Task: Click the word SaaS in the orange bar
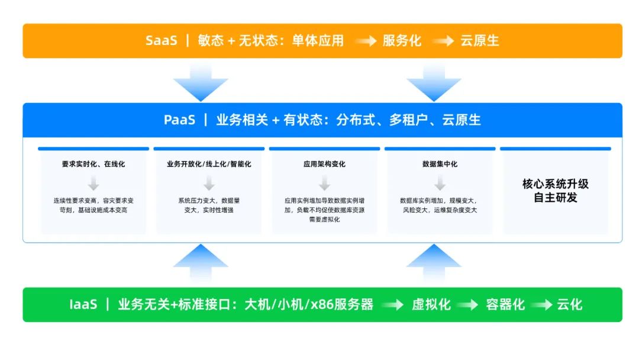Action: point(161,41)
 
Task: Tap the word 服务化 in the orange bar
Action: point(402,41)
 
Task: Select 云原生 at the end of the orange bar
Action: point(480,41)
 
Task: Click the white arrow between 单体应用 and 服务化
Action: point(366,41)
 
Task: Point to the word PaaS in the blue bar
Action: point(179,120)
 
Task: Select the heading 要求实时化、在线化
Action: point(93,164)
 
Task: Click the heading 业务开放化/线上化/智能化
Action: point(209,164)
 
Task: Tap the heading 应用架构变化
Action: point(324,164)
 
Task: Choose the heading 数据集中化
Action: point(440,164)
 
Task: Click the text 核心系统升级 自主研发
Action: point(555,191)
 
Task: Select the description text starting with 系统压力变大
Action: point(209,205)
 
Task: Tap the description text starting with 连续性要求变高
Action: point(93,205)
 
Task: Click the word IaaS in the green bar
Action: point(82,305)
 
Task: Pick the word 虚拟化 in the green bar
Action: point(431,305)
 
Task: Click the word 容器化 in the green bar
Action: point(505,305)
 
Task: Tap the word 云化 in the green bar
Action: point(569,305)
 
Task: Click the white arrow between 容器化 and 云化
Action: point(541,306)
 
